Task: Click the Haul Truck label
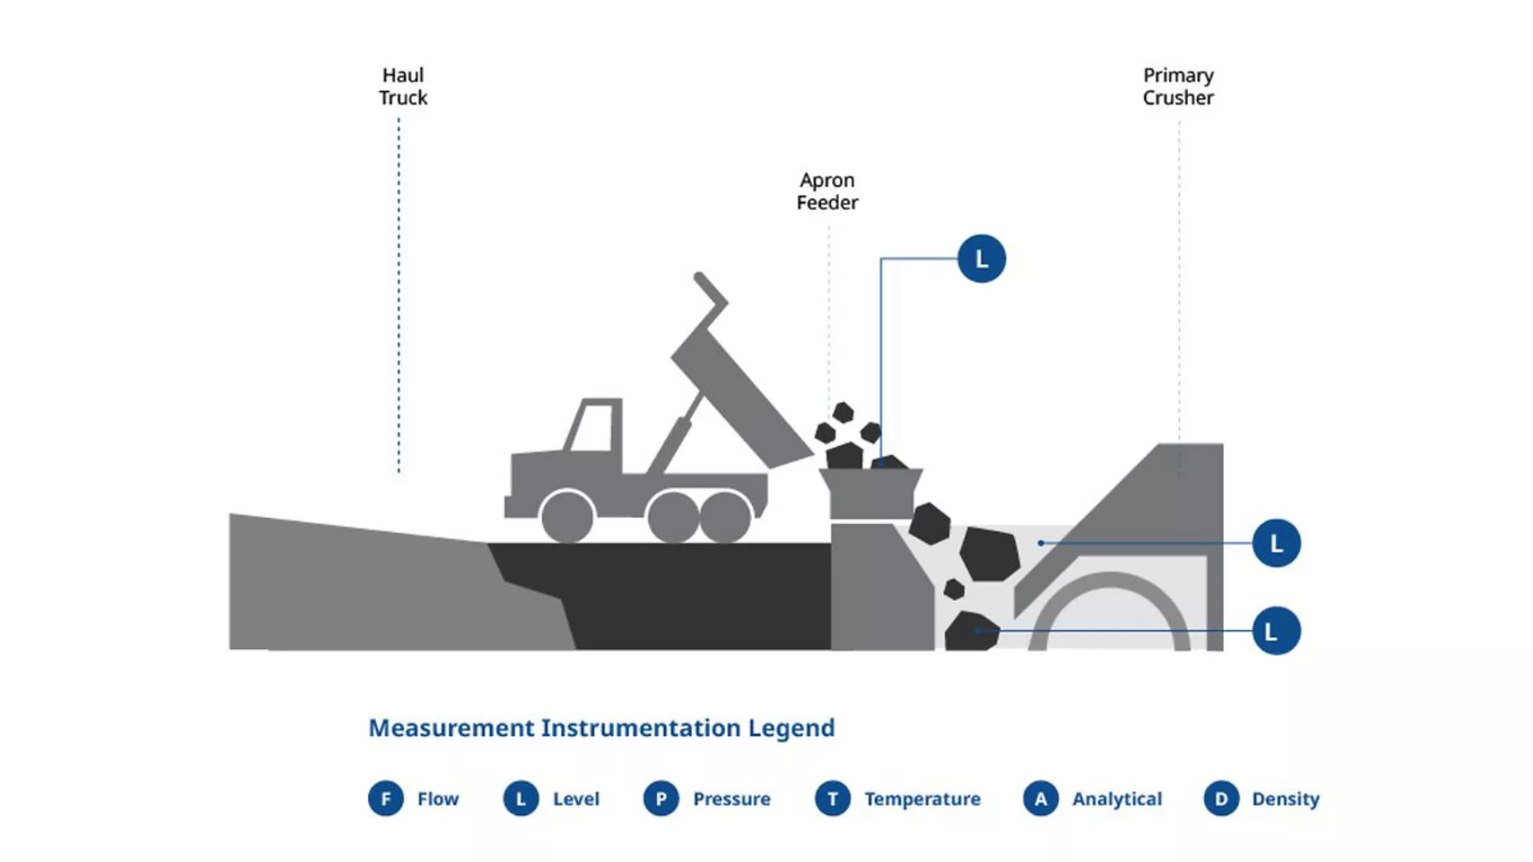[402, 86]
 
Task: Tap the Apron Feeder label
[827, 192]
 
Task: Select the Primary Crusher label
[1178, 86]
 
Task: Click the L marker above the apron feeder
[981, 259]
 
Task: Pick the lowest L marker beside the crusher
[1276, 631]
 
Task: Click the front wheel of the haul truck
[567, 516]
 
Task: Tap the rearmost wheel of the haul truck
[725, 516]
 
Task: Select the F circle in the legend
[386, 798]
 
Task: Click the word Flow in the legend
[438, 799]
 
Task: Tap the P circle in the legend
[661, 798]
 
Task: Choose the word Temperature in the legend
[922, 799]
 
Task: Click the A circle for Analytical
[1040, 798]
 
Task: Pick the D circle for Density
[1222, 798]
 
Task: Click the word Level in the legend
[576, 799]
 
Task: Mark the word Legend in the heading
[791, 729]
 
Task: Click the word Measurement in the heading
[451, 728]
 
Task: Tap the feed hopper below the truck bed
[871, 493]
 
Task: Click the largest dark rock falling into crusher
[990, 553]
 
